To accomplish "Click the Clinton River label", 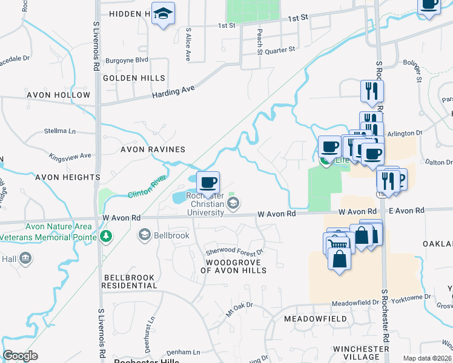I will click(x=147, y=186).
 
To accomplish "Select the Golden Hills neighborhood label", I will click(x=134, y=78).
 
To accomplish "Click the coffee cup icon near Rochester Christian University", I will click(x=208, y=182).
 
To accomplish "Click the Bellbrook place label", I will click(x=172, y=235).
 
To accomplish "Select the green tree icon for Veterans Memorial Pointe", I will click(x=106, y=235).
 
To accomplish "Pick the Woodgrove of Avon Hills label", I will click(x=233, y=266).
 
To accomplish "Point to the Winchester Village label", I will click(x=360, y=353).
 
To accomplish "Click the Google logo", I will click(x=20, y=356).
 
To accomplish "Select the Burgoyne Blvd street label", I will click(x=127, y=60).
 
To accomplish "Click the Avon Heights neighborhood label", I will click(x=67, y=177).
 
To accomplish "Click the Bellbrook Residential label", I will click(x=129, y=281).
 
